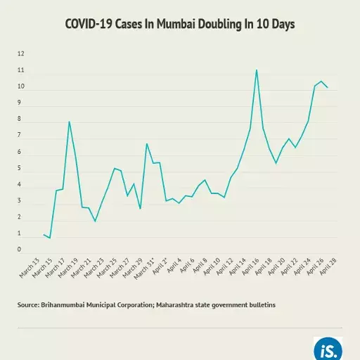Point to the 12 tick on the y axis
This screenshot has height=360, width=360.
click(20, 54)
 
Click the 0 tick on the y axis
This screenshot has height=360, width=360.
click(20, 249)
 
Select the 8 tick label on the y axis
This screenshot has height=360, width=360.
click(20, 120)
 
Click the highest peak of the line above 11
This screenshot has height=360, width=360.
click(257, 70)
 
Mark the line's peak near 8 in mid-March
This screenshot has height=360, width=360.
click(69, 122)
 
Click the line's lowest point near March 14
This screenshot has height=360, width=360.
click(50, 238)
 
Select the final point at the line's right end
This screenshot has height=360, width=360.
click(328, 88)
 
